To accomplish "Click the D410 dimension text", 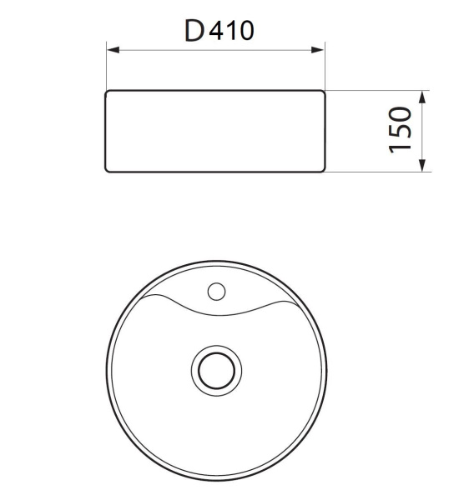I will [219, 31].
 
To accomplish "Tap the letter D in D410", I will [194, 32].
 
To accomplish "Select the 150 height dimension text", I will [401, 129].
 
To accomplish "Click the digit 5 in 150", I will [401, 129].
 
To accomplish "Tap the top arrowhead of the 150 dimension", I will [423, 97].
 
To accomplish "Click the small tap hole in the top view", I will [216, 292].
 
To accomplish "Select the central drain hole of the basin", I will [215, 369].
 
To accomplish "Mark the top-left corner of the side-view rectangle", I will [107, 92].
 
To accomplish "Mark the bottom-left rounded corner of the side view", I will [108, 170].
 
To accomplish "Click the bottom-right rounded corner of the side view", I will [321, 170].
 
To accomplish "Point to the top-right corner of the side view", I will [322, 92].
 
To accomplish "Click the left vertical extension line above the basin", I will [106, 62].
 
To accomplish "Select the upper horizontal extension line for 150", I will [376, 90].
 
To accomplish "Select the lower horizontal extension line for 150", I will [376, 172].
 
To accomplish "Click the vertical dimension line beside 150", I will [423, 131].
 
